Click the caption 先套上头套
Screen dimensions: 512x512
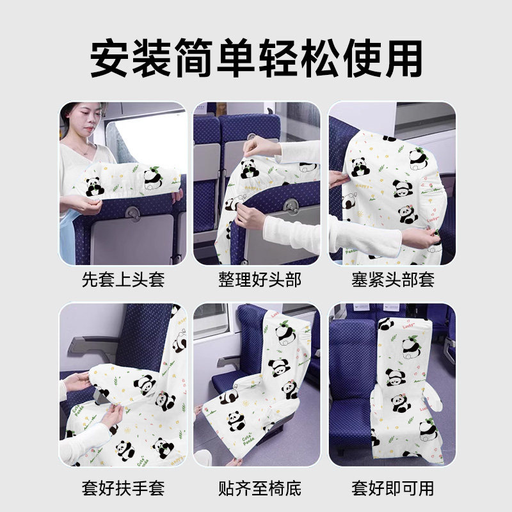(x=123, y=280)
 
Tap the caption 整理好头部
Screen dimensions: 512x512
(x=260, y=280)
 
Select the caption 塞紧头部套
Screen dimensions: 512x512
(x=393, y=280)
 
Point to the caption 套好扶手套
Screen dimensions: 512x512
(x=123, y=488)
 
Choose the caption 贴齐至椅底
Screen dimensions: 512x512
(x=260, y=488)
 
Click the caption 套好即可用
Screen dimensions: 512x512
(x=393, y=488)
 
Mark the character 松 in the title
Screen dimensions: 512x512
(x=319, y=58)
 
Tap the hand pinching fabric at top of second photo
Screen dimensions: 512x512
(x=260, y=146)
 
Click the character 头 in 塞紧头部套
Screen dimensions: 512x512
(x=393, y=280)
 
